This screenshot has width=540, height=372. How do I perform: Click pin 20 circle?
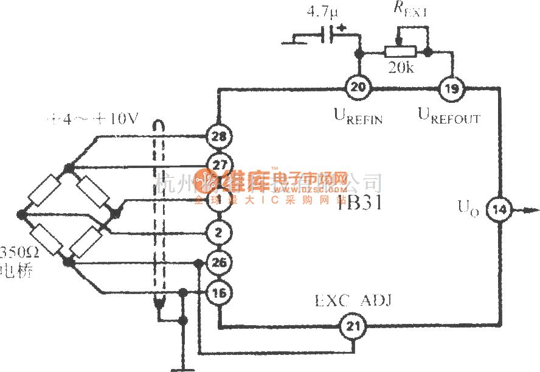tap(359, 88)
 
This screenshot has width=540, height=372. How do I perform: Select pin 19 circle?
tap(451, 88)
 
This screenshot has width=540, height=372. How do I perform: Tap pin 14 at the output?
tap(500, 211)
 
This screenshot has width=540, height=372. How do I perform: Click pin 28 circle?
tap(218, 136)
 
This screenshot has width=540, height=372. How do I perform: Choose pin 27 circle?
tap(218, 163)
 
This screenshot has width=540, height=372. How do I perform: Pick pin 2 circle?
tap(218, 231)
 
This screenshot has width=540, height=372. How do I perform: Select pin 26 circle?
tap(218, 264)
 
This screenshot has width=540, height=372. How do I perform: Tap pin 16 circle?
tap(218, 293)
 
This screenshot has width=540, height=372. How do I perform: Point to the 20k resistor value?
tap(401, 68)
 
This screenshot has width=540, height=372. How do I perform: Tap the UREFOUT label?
tap(449, 115)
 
